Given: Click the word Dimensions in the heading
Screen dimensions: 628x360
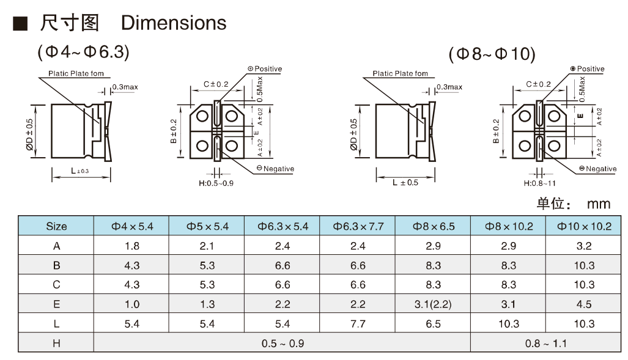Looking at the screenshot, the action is click(174, 23).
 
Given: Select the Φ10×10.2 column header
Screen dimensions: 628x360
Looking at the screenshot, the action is click(584, 226).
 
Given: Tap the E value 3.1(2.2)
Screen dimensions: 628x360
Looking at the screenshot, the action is click(433, 304).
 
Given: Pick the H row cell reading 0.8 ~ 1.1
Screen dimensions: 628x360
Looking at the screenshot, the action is click(546, 343).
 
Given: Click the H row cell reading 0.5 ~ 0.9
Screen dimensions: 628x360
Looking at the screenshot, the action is click(283, 343).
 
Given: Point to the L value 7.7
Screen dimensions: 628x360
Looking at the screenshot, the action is click(358, 323).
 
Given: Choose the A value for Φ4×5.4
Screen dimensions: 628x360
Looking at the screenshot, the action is click(131, 246).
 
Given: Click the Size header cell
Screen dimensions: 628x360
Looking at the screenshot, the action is click(56, 226).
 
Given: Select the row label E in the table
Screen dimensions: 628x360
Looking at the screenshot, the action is click(56, 304).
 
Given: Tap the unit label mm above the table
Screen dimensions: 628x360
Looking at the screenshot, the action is click(599, 204).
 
